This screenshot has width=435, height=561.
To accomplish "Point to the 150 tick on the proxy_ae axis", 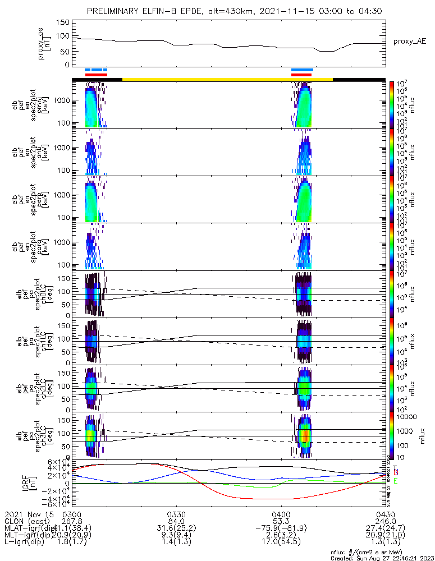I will (65, 22).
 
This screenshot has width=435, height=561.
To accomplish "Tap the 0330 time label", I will (176, 513).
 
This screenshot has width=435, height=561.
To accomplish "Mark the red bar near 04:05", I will (301, 75).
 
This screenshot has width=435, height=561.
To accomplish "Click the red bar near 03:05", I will (95, 75).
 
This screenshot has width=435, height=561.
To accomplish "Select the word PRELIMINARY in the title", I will (116, 11).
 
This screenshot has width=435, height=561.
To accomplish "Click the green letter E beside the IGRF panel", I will (396, 481).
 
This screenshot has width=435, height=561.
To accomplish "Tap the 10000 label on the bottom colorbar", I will (407, 417).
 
